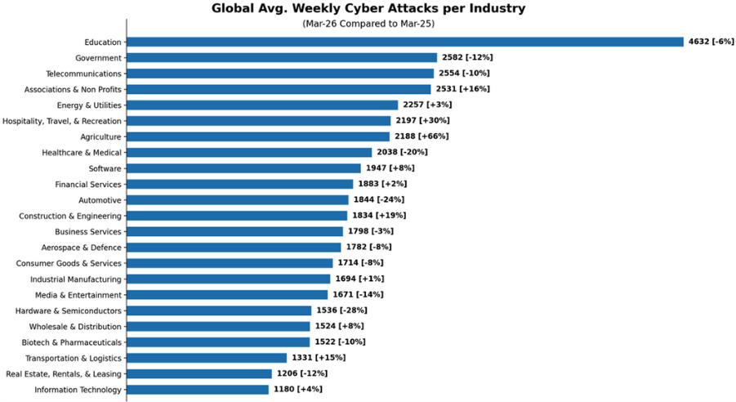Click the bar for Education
pyautogui.click(x=404, y=42)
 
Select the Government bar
pyautogui.click(x=282, y=58)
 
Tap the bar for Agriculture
pyautogui.click(x=258, y=136)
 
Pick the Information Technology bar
pyautogui.click(x=198, y=390)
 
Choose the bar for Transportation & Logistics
pyautogui.click(x=207, y=358)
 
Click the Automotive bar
pyautogui.click(x=238, y=200)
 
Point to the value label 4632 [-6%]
pyautogui.click(x=711, y=42)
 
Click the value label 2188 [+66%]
pyautogui.click(x=422, y=136)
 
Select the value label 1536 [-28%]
pyautogui.click(x=341, y=310)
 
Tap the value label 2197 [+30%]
pyautogui.click(x=422, y=121)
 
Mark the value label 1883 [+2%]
pyautogui.click(x=382, y=184)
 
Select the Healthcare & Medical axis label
pyautogui.click(x=82, y=153)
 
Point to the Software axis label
pyautogui.click(x=105, y=168)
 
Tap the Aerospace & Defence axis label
pyautogui.click(x=82, y=248)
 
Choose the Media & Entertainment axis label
pyautogui.click(x=78, y=295)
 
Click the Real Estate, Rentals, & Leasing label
pyautogui.click(x=64, y=374)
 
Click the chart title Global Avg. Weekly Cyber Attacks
pyautogui.click(x=368, y=9)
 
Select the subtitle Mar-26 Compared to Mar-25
pyautogui.click(x=368, y=24)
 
